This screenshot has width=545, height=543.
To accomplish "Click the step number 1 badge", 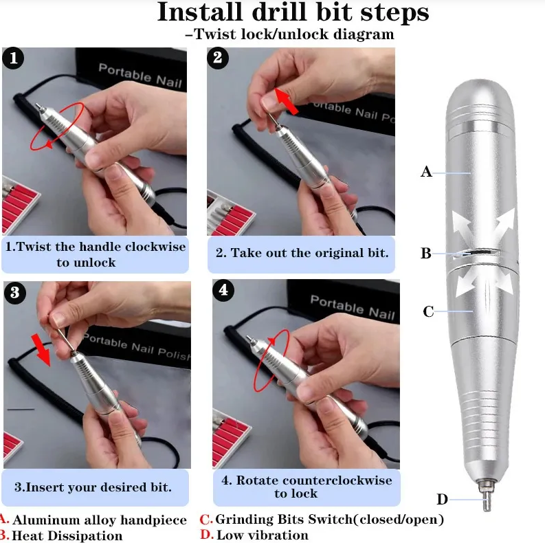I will (14, 58).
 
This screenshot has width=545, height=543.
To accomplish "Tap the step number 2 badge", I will (218, 58).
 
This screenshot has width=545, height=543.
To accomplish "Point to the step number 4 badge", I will (222, 290).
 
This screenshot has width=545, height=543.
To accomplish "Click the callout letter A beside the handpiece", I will (426, 172).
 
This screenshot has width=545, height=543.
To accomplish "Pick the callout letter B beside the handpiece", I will (426, 254).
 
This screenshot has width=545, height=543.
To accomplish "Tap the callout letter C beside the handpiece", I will (428, 312).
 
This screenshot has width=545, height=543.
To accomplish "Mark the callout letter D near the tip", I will (443, 499).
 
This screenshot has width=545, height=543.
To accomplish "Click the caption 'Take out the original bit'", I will (302, 253).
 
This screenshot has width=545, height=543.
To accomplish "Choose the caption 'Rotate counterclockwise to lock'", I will (306, 487).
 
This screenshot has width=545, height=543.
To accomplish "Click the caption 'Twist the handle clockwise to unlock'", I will (96, 254).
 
